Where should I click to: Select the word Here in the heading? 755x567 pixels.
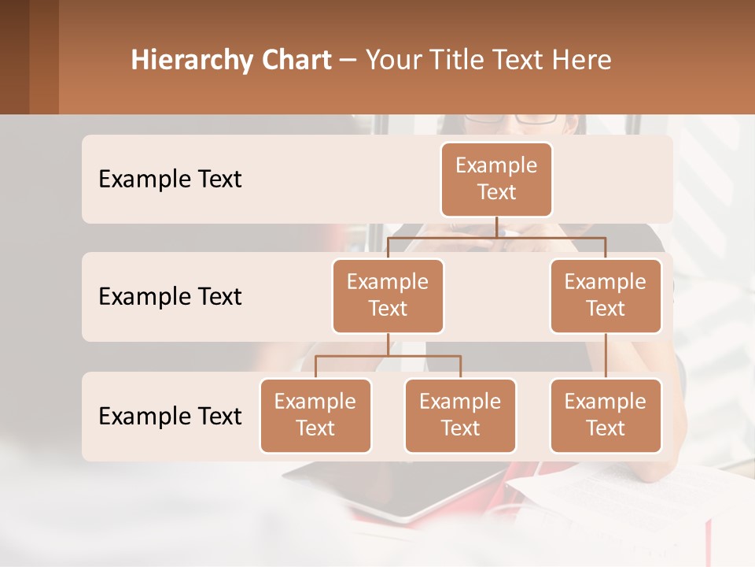coord(581,61)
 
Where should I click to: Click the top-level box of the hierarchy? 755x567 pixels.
coord(496,179)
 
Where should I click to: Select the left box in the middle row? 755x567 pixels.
coord(388,295)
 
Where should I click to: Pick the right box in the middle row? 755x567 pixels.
coord(606,295)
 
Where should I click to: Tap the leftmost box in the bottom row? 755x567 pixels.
coord(315,415)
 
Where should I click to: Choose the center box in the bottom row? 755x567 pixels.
coord(460,415)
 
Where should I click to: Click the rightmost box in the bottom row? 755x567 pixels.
coord(606,415)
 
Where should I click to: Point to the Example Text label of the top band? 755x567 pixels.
coord(170,180)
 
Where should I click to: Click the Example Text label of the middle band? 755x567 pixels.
coord(170,297)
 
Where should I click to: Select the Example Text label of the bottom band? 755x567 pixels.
coord(170,416)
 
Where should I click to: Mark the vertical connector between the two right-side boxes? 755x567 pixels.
coord(606,356)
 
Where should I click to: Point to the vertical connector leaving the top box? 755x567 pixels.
coord(496,227)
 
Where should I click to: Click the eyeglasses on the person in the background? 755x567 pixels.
coord(511,119)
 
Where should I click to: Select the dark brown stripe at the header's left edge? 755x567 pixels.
coord(14,57)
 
